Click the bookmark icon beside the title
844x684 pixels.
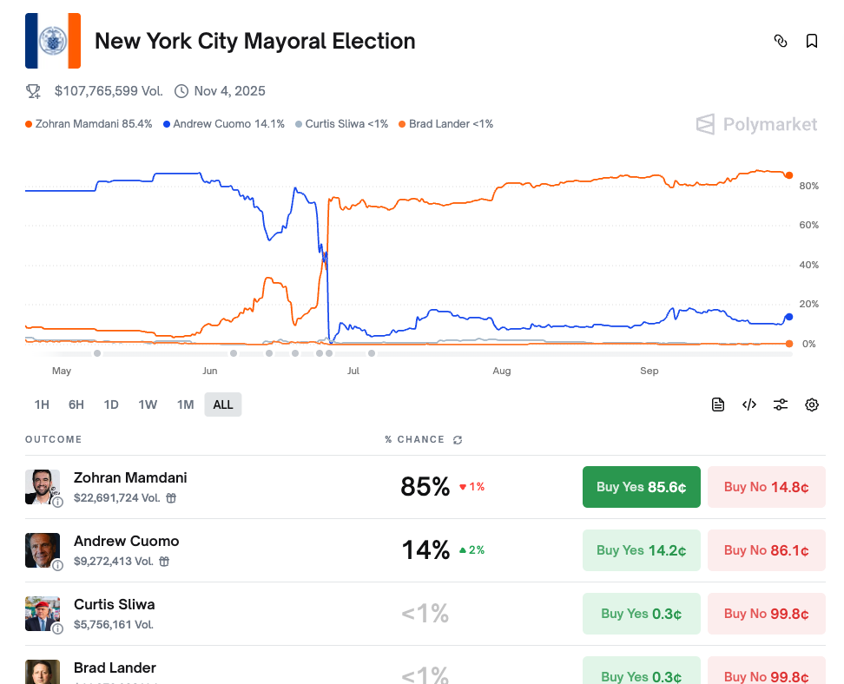812,41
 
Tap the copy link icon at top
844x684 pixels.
781,41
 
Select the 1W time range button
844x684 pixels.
148,404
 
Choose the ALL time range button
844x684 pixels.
223,404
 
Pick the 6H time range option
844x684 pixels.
76,404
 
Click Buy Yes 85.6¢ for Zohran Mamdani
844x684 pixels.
641,487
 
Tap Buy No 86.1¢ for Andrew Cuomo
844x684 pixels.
766,550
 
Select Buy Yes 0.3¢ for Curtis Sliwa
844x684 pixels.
641,614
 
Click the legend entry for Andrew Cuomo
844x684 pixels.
224,124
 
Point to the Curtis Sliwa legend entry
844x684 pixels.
342,124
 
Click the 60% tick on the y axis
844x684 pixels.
808,225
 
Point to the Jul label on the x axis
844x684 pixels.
353,371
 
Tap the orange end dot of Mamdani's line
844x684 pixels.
788,175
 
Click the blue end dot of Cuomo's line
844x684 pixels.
788,317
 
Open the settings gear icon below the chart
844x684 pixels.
812,404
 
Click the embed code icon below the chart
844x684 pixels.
749,404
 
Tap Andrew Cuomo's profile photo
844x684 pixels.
43,550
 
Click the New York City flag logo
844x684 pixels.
53,41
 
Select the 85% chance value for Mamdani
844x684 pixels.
425,487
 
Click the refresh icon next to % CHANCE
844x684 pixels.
458,440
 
